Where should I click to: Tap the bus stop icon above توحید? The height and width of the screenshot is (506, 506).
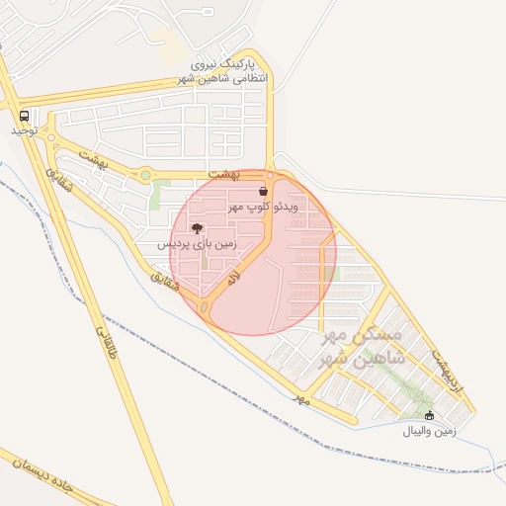point(23,115)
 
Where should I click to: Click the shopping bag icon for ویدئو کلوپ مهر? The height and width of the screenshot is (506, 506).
point(263,191)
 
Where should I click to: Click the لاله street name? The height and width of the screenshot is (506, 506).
point(233,279)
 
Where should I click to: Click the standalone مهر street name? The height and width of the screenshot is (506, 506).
point(301,398)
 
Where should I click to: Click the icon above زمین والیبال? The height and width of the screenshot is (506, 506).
point(429,416)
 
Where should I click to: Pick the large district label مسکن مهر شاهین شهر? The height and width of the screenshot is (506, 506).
point(364,347)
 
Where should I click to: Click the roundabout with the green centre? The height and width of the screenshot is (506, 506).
point(146,176)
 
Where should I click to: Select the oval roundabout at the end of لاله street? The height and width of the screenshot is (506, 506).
point(205,310)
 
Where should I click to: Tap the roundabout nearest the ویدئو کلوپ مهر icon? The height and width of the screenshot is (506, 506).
point(270,175)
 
